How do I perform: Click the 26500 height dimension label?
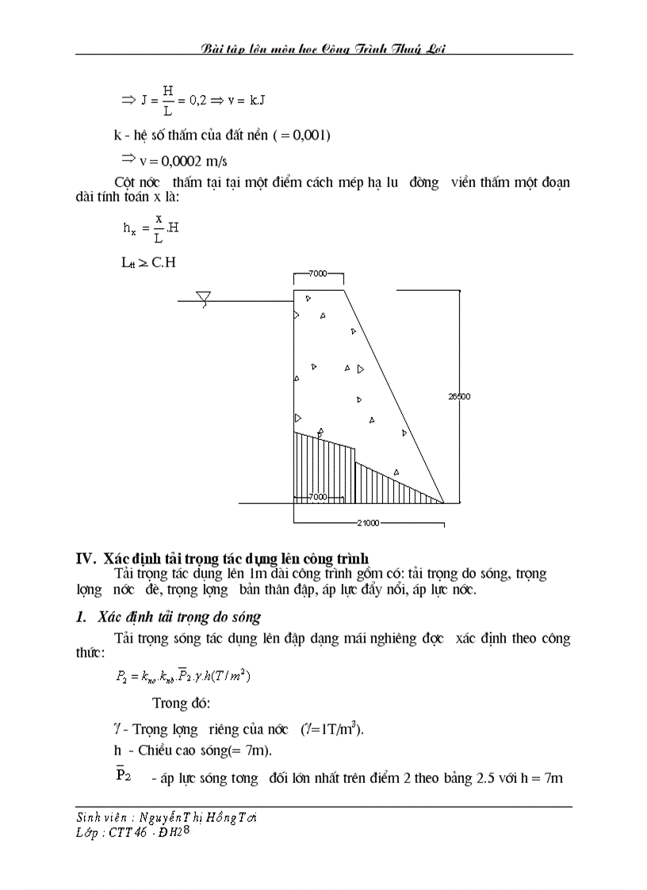[x=459, y=396]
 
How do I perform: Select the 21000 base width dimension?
[x=368, y=523]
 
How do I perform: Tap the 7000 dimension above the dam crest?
[x=319, y=273]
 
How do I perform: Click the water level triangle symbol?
[x=204, y=299]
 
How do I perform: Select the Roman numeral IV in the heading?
[x=85, y=559]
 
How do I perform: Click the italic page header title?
[x=323, y=48]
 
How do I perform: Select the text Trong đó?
[x=182, y=703]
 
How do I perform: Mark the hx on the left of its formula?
[x=129, y=228]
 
